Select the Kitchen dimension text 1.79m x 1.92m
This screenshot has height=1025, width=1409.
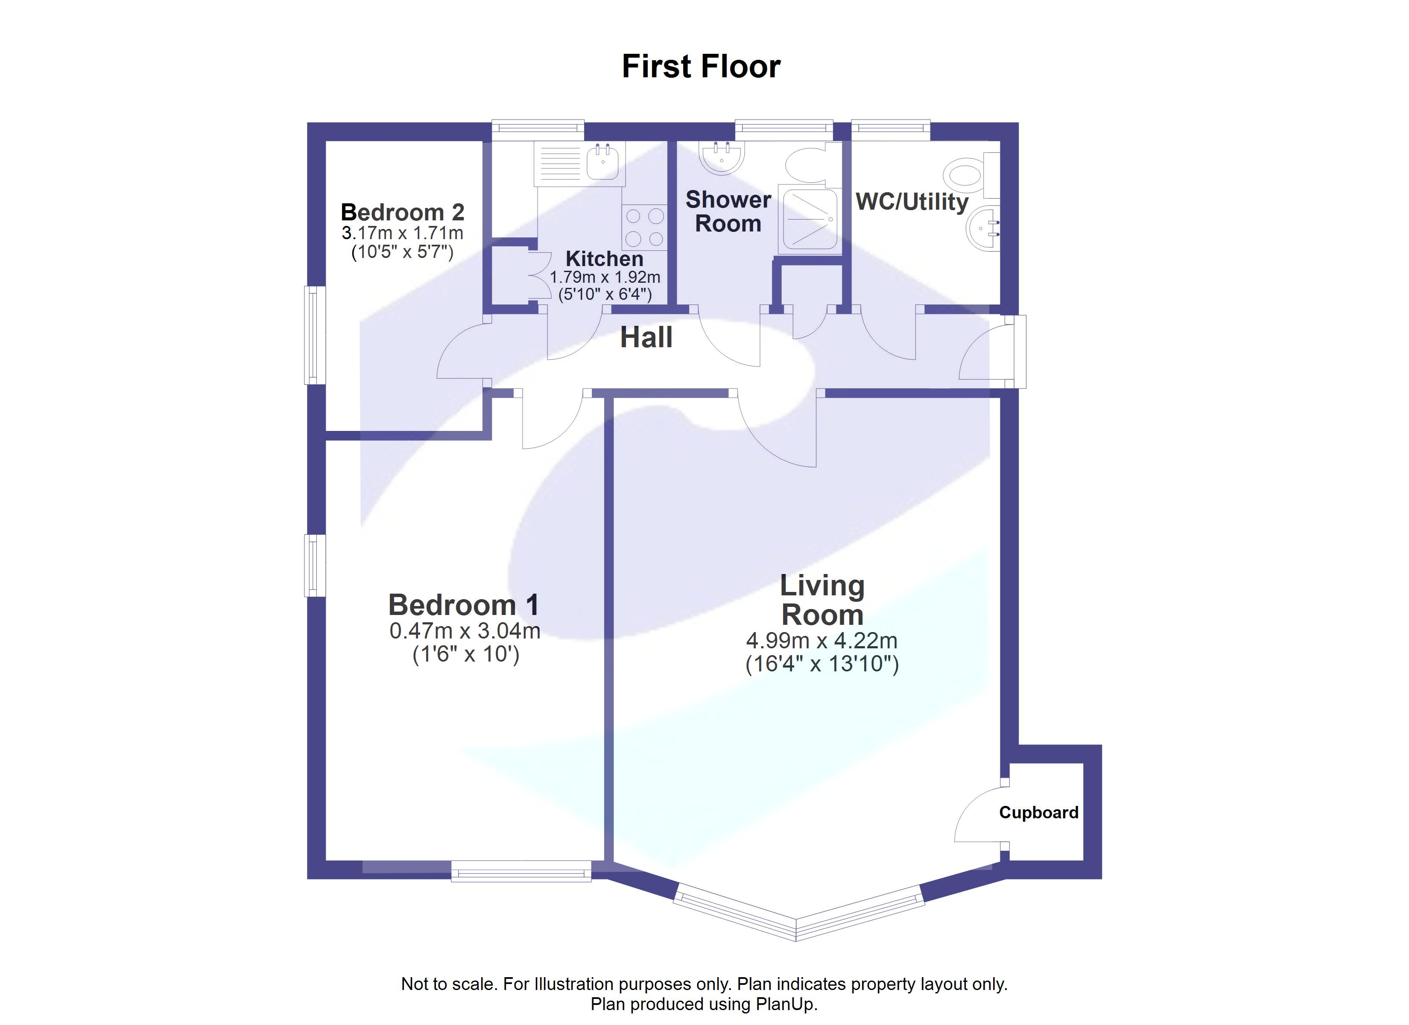(x=605, y=277)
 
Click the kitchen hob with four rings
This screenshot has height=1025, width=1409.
(x=644, y=228)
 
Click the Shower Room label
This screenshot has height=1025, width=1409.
(x=728, y=211)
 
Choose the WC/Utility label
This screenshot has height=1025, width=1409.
(x=912, y=202)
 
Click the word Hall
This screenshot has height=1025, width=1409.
(x=646, y=337)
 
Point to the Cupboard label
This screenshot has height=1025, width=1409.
(x=1038, y=812)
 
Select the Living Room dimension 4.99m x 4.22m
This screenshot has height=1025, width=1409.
(x=821, y=640)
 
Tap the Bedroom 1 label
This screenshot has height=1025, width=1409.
(x=463, y=605)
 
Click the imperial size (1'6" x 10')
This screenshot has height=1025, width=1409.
(x=465, y=655)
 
